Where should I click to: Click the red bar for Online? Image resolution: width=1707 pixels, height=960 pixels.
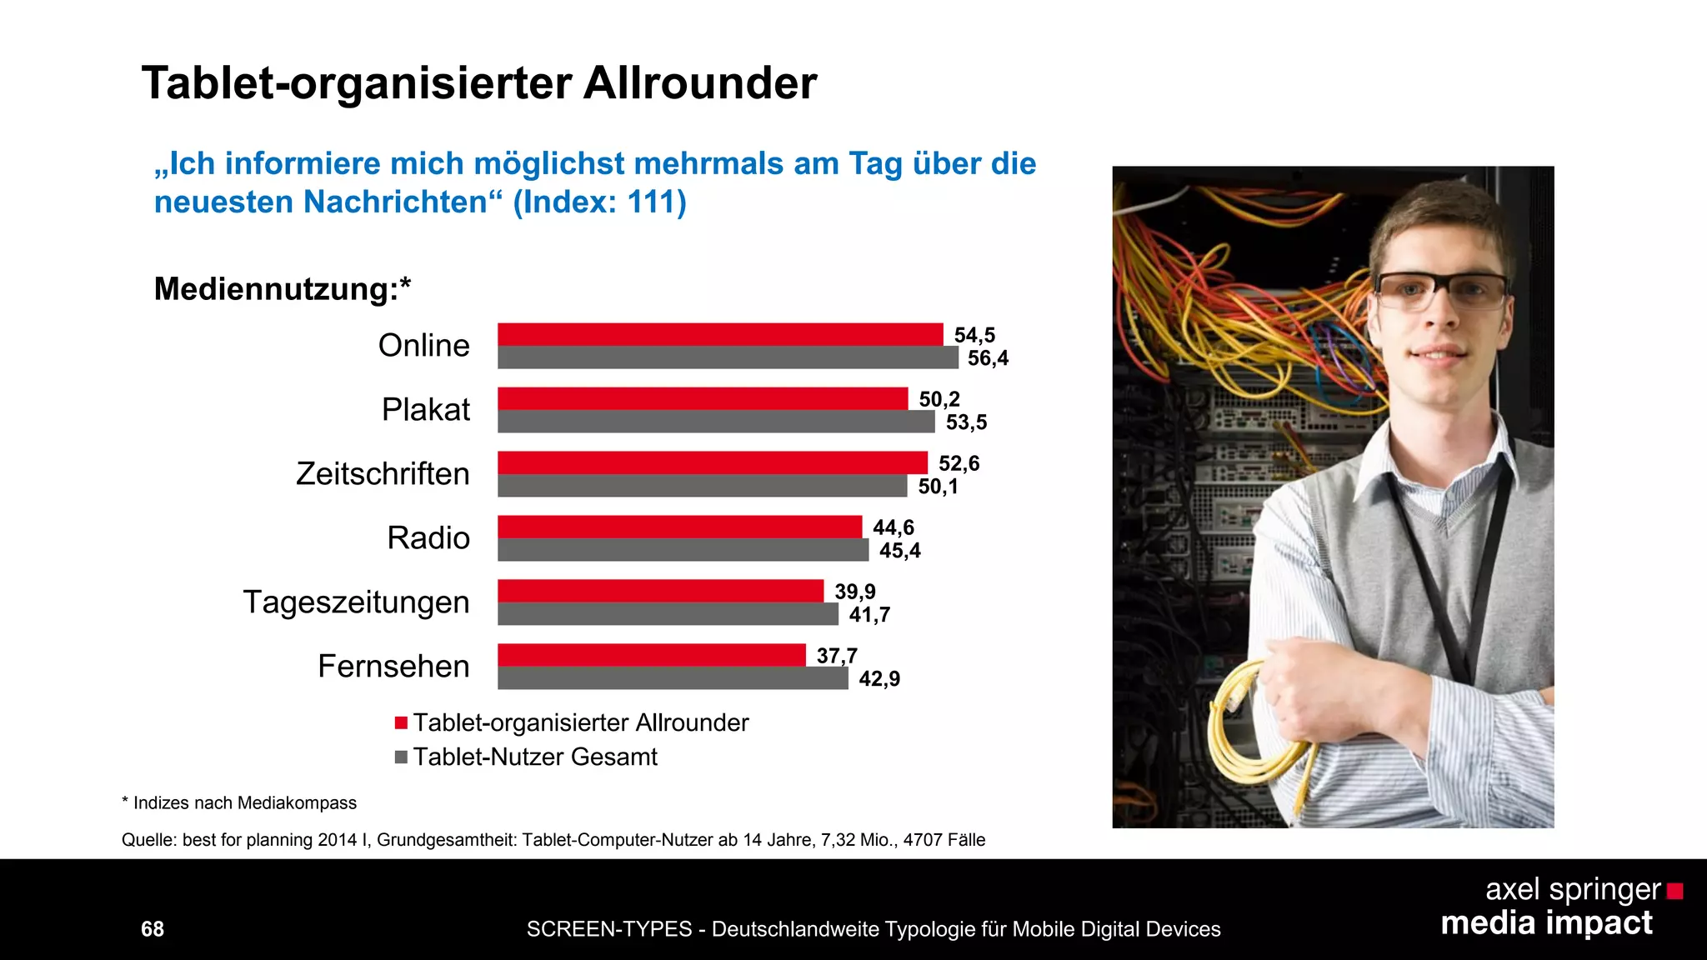tap(720, 334)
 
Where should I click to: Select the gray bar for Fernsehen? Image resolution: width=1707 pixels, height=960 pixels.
tap(673, 678)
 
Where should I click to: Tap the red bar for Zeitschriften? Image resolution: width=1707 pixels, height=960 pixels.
tap(713, 462)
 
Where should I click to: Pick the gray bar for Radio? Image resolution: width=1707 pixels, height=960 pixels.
tap(683, 550)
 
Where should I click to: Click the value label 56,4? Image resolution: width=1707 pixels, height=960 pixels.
tap(988, 358)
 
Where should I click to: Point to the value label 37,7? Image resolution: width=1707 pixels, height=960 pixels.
tap(837, 656)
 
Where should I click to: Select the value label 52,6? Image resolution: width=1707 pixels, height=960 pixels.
tap(959, 463)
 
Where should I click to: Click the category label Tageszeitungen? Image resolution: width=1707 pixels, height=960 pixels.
tap(356, 602)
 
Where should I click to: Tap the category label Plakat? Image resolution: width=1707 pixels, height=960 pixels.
tap(425, 409)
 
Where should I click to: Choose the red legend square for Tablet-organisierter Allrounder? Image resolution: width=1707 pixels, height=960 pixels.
tap(401, 722)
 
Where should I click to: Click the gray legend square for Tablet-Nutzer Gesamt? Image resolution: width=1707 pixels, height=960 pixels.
tap(401, 757)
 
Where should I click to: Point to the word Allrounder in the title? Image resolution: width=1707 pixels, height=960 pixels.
tap(699, 83)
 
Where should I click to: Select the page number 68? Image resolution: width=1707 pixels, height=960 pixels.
tap(153, 928)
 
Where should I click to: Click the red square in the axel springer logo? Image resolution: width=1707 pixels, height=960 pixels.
tap(1674, 892)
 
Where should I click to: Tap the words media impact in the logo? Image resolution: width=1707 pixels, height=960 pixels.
tap(1546, 923)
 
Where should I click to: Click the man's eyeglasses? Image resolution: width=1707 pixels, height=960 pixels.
tap(1440, 290)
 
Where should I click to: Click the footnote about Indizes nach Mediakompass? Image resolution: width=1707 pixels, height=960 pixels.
tap(239, 802)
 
